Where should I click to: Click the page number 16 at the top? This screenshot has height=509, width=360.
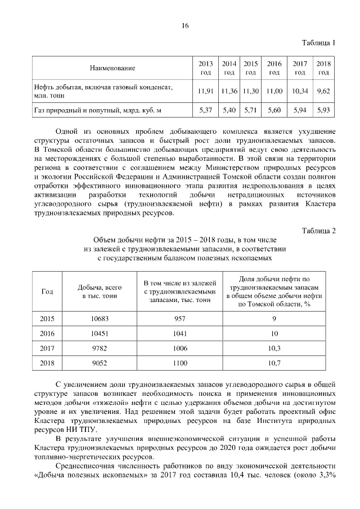184,26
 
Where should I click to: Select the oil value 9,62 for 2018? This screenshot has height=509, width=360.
323,91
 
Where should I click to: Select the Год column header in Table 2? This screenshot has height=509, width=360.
47,291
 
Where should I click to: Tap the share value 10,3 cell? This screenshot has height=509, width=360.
274,349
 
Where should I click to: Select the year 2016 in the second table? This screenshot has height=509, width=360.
47,334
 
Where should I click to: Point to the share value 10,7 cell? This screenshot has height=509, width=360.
274,363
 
